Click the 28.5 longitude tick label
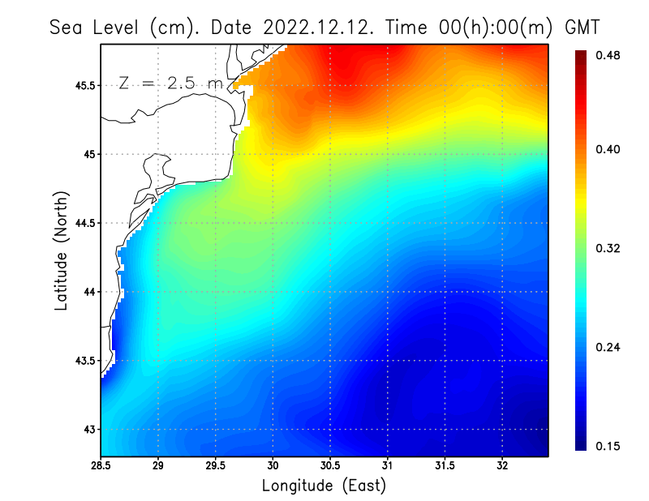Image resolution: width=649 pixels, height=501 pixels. point(101,466)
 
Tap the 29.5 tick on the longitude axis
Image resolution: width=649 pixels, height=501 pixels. point(216,466)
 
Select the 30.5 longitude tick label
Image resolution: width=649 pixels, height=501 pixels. point(330,466)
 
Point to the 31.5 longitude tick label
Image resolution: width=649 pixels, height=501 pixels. point(445,466)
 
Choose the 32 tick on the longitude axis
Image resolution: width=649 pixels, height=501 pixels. point(502,466)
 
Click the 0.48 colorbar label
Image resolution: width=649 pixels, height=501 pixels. point(608,55)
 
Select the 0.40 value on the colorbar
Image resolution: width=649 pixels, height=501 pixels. point(608,149)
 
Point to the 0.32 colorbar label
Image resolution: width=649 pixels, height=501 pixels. point(608,248)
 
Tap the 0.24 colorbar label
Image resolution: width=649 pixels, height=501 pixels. point(608,347)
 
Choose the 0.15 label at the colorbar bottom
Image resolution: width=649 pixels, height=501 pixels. point(608,446)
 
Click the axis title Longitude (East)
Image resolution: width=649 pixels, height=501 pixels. point(324,486)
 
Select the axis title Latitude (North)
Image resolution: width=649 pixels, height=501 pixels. point(61,250)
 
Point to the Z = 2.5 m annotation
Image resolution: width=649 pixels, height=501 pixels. point(170,83)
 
